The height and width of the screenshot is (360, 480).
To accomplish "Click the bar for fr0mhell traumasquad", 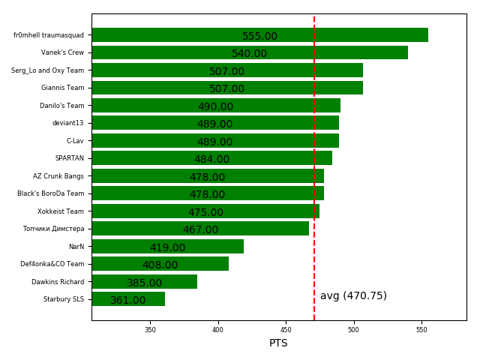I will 259,34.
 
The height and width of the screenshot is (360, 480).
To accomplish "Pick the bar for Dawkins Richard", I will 145,281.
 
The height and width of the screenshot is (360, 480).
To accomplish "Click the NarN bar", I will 167,246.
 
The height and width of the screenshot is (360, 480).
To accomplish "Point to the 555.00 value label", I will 259,37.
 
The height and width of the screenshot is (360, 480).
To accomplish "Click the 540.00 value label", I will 249,54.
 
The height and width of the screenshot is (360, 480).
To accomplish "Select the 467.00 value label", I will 200,230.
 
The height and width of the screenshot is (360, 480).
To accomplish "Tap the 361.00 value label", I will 128,301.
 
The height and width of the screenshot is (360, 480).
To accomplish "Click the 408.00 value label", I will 160,265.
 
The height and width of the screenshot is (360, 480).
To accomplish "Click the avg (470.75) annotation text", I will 353,296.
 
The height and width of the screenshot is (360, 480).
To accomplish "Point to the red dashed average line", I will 314,150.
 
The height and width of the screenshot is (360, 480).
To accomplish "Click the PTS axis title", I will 278,343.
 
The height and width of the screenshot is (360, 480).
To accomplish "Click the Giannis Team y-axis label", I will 63,88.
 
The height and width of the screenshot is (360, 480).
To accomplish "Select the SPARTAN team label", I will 70,158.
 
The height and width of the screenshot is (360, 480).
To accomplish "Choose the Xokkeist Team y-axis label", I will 61,211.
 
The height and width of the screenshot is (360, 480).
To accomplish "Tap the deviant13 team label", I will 68,123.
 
